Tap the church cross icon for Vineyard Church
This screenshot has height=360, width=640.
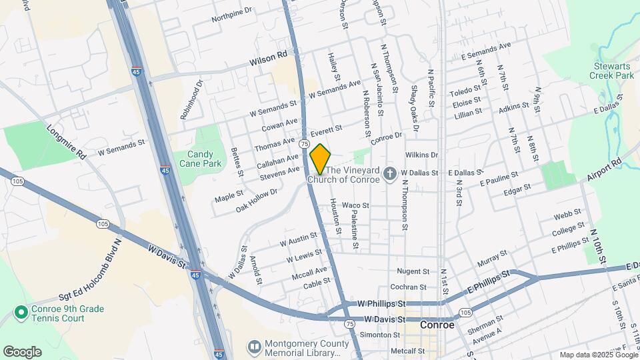[x=391, y=174]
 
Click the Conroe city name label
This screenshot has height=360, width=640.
[x=437, y=325]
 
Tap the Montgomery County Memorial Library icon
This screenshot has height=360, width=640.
[x=253, y=347]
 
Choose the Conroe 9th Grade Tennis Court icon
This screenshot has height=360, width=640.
[x=21, y=312]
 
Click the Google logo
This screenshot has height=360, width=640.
[x=22, y=351]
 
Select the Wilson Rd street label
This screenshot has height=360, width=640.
[x=268, y=61]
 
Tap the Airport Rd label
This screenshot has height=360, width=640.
[x=603, y=171]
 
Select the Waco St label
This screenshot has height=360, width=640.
[x=355, y=205]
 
